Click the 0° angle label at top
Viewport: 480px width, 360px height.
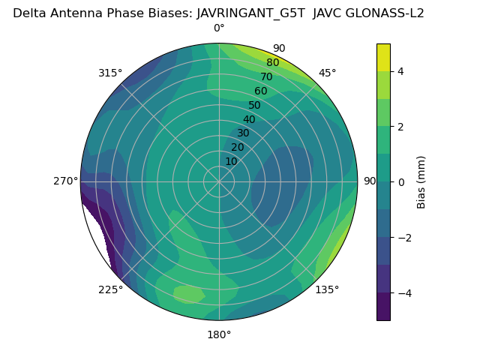(219, 28)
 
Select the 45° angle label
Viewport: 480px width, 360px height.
(327, 73)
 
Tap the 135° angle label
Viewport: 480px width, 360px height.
(327, 290)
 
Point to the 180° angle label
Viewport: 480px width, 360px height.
(219, 334)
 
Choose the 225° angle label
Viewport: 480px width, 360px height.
(110, 290)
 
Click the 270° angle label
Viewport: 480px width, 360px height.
(66, 181)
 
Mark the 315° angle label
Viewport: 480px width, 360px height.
(110, 73)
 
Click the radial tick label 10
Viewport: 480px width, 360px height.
(231, 161)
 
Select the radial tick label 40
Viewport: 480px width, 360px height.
(249, 119)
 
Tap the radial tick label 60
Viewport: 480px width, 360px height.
(261, 91)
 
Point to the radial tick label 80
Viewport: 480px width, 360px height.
(273, 63)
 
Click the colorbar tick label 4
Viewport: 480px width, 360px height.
(400, 71)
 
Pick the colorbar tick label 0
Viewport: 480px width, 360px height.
(400, 181)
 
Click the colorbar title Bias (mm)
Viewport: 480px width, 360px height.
(421, 181)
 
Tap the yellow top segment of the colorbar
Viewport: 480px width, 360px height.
(383, 57)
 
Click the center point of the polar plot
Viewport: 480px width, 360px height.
(219, 181)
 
